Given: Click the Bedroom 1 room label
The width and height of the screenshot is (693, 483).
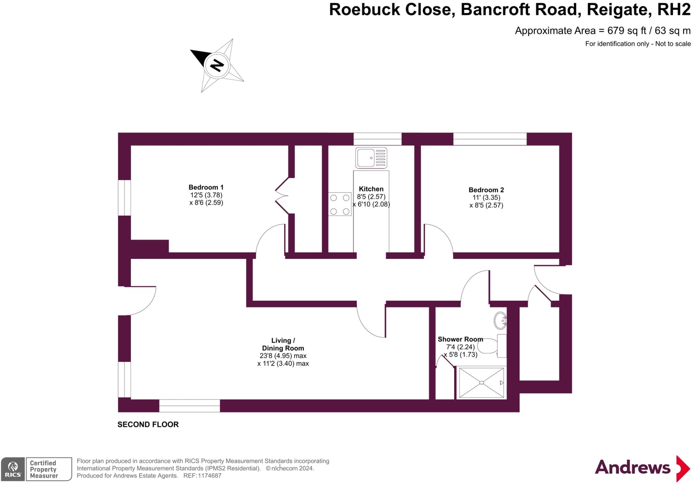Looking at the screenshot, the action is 206,187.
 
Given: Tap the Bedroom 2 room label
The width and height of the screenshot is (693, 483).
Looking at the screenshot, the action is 486,190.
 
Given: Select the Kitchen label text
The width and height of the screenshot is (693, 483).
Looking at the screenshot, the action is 371,189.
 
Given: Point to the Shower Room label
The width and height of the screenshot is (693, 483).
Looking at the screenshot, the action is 460,339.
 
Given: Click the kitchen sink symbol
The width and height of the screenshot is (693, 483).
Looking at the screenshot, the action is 371,158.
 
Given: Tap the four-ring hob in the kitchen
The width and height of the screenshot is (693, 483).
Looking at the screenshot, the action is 340,204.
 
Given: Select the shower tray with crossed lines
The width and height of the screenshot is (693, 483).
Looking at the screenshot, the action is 482,382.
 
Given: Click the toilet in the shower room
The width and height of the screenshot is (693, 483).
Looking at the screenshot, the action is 493,346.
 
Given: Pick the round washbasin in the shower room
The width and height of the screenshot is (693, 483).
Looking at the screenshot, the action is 500,321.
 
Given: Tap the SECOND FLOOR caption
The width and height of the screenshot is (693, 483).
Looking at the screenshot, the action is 148,424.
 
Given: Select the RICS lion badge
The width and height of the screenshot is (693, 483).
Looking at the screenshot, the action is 13,469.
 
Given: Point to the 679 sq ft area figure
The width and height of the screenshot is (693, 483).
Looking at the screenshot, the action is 627,31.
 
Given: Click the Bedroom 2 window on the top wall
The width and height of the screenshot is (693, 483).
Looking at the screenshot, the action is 490,139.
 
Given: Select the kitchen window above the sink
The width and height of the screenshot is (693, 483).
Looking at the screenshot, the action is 378,139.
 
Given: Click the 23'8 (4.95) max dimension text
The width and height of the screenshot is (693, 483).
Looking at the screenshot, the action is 283,356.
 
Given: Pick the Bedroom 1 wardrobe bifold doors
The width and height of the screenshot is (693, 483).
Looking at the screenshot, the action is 282,196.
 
